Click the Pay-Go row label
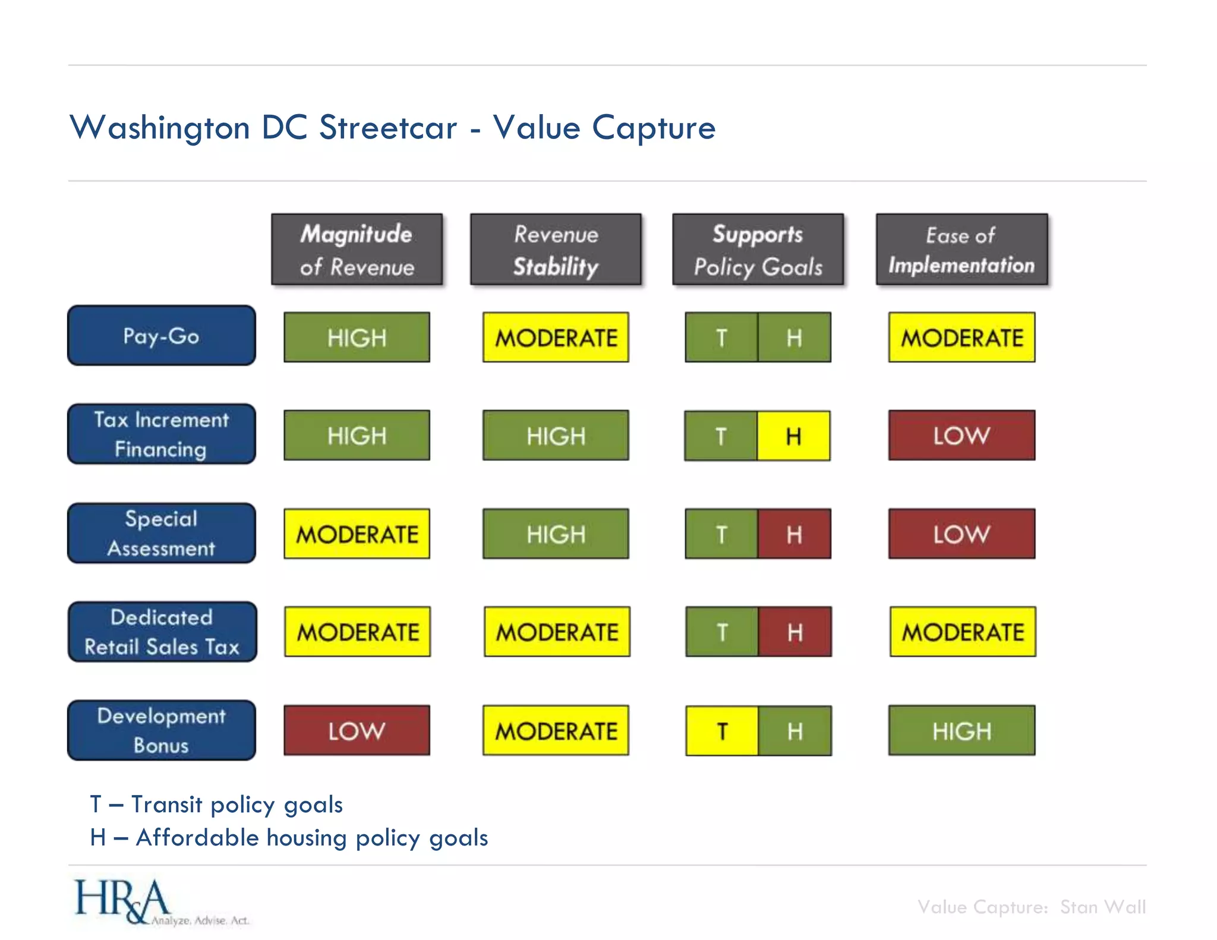tap(161, 336)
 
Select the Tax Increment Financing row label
tap(161, 434)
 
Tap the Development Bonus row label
tap(161, 730)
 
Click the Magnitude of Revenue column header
tap(357, 250)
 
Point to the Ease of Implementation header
tap(961, 250)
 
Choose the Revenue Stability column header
tap(556, 250)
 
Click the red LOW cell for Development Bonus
tap(357, 730)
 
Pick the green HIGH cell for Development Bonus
tap(961, 730)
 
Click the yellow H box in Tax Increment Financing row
tap(793, 436)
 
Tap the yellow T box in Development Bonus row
tap(722, 730)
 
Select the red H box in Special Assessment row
tap(794, 534)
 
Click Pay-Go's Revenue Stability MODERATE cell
tap(556, 337)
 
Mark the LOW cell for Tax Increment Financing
tap(961, 435)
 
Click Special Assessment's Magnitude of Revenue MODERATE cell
tap(357, 534)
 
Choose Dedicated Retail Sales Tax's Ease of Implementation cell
tap(962, 632)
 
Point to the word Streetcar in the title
tap(388, 127)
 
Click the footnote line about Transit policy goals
tap(216, 805)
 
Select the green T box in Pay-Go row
tap(721, 337)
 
